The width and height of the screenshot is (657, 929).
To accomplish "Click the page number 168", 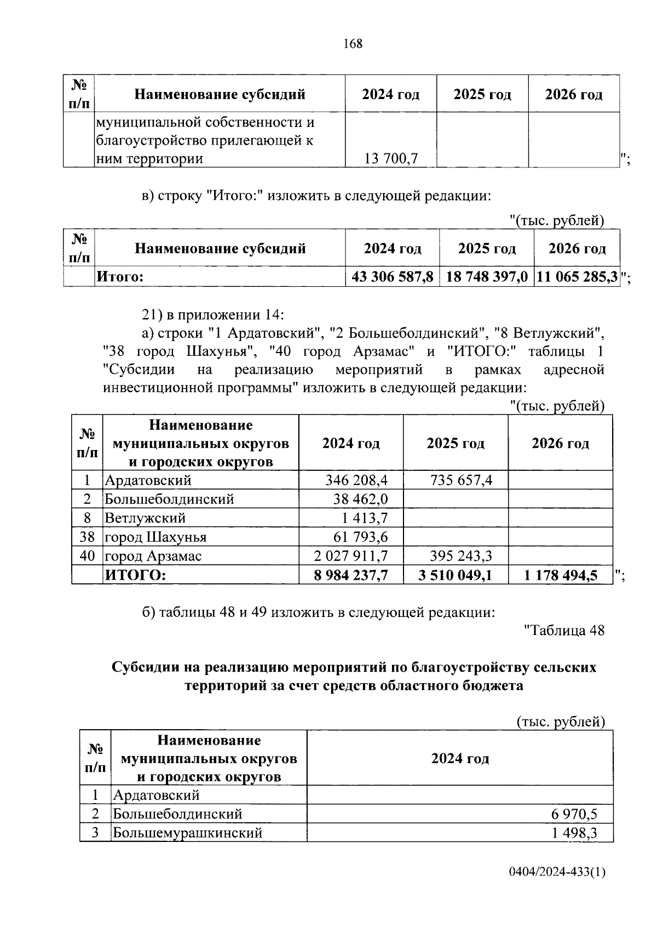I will point(353,44).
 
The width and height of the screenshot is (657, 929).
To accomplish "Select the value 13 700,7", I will point(391,159).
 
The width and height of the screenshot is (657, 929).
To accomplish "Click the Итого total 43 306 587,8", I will point(392,276).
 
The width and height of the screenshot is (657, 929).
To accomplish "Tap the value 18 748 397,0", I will point(487,276).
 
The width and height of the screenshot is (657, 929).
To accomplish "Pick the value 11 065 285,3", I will point(577,276).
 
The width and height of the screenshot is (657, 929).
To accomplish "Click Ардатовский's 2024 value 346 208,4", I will point(356,481).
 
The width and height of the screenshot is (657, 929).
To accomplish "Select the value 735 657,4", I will point(462,481).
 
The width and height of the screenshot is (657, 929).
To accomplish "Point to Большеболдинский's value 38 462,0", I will point(360,499).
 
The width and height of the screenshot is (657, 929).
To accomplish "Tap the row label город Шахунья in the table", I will point(155,537).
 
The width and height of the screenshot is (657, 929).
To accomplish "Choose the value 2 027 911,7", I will point(351,556).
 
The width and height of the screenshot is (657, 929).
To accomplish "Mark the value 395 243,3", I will point(462,556).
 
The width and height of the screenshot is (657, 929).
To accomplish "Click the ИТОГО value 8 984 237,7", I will point(351,575).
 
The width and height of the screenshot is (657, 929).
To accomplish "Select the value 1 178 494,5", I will point(561,575).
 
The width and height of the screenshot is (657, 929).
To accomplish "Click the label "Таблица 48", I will point(564,630).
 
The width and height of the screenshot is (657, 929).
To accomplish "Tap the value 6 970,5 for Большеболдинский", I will point(574,814).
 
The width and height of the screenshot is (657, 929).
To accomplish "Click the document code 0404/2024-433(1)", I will point(556,887).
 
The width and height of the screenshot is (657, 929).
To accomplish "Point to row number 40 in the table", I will point(87,556).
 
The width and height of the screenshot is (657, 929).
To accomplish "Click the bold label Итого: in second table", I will point(120,276).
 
